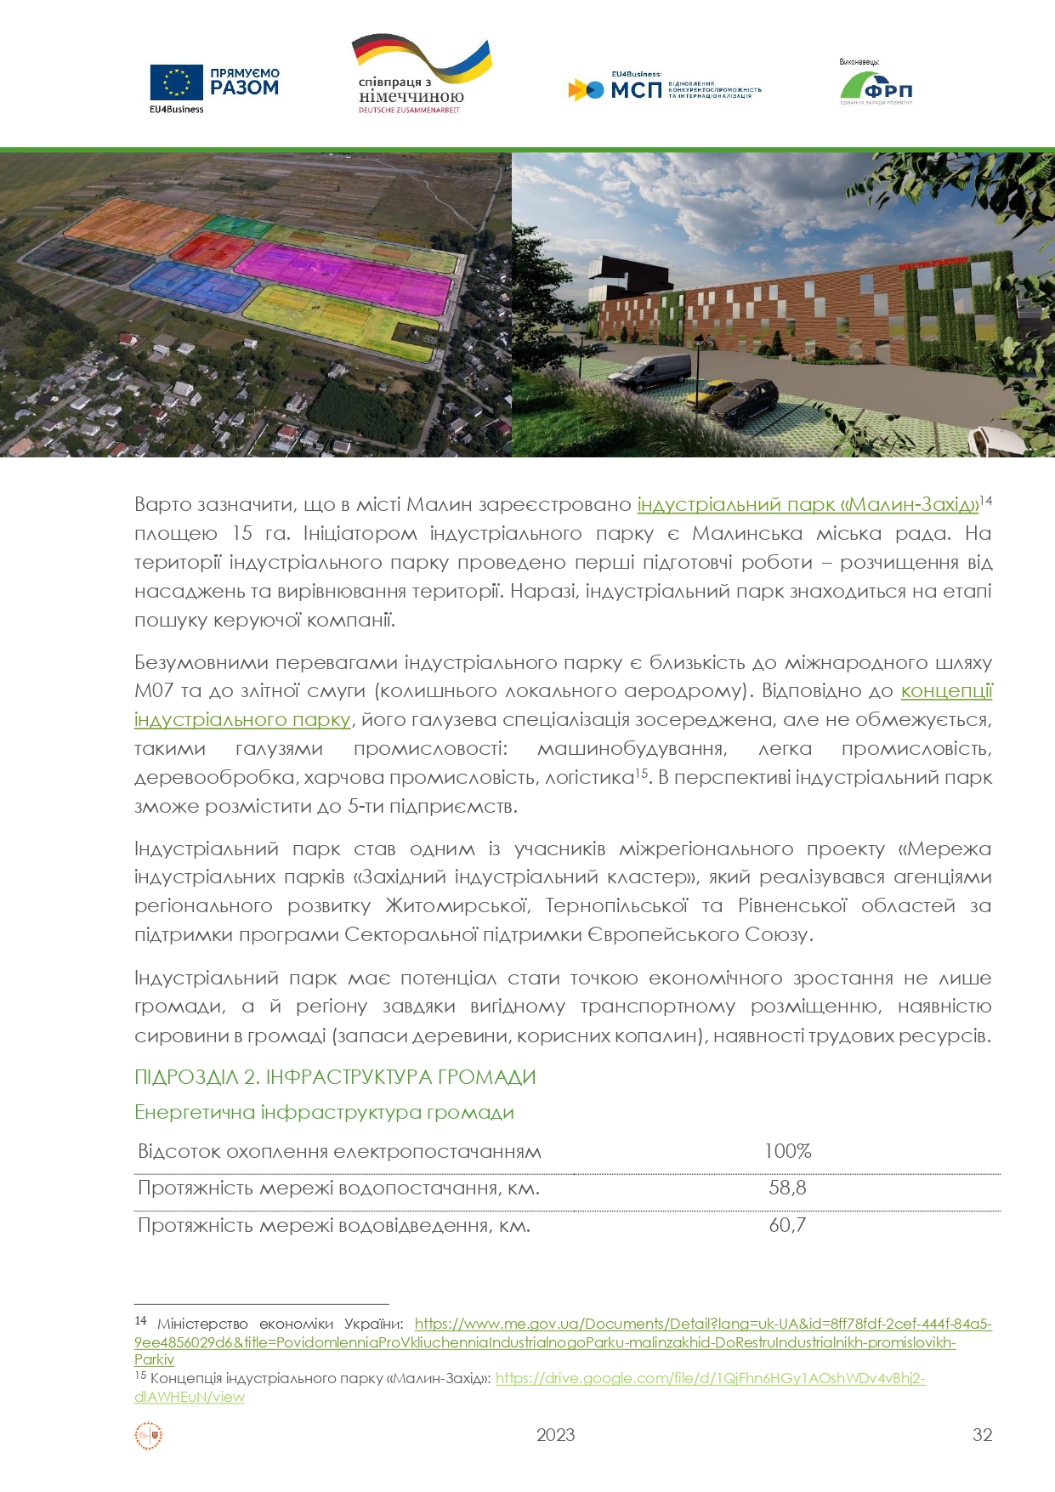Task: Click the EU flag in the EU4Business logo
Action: coord(176,82)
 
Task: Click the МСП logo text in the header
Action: coord(636,89)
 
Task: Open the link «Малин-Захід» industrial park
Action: coord(808,504)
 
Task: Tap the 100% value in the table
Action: coord(787,1151)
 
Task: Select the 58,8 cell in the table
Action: coord(787,1188)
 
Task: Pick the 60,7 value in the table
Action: coord(787,1225)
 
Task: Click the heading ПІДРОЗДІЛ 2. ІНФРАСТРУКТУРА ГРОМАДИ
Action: coord(335,1077)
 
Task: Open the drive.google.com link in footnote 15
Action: coord(710,1378)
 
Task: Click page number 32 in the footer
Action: coord(982,1435)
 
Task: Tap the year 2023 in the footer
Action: coord(555,1435)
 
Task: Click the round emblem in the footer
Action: coord(149,1436)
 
